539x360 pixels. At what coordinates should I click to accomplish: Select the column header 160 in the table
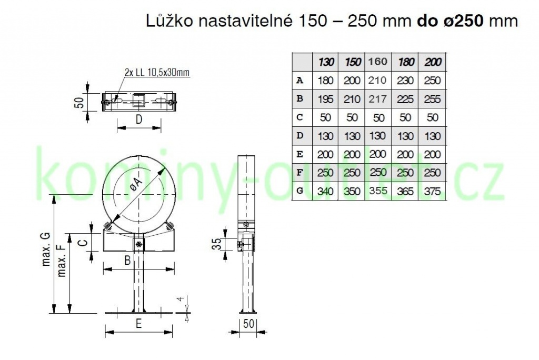(378, 62)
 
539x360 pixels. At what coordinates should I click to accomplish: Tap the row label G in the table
(300, 191)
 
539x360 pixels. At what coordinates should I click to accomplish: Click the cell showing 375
(432, 191)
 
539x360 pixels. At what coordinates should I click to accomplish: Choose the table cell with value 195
(325, 99)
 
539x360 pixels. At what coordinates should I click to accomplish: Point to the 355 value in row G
(378, 191)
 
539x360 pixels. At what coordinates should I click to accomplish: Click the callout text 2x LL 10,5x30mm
(157, 72)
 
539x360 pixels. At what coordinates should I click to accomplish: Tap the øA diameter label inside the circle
(137, 186)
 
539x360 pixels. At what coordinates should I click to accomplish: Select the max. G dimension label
(46, 249)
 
